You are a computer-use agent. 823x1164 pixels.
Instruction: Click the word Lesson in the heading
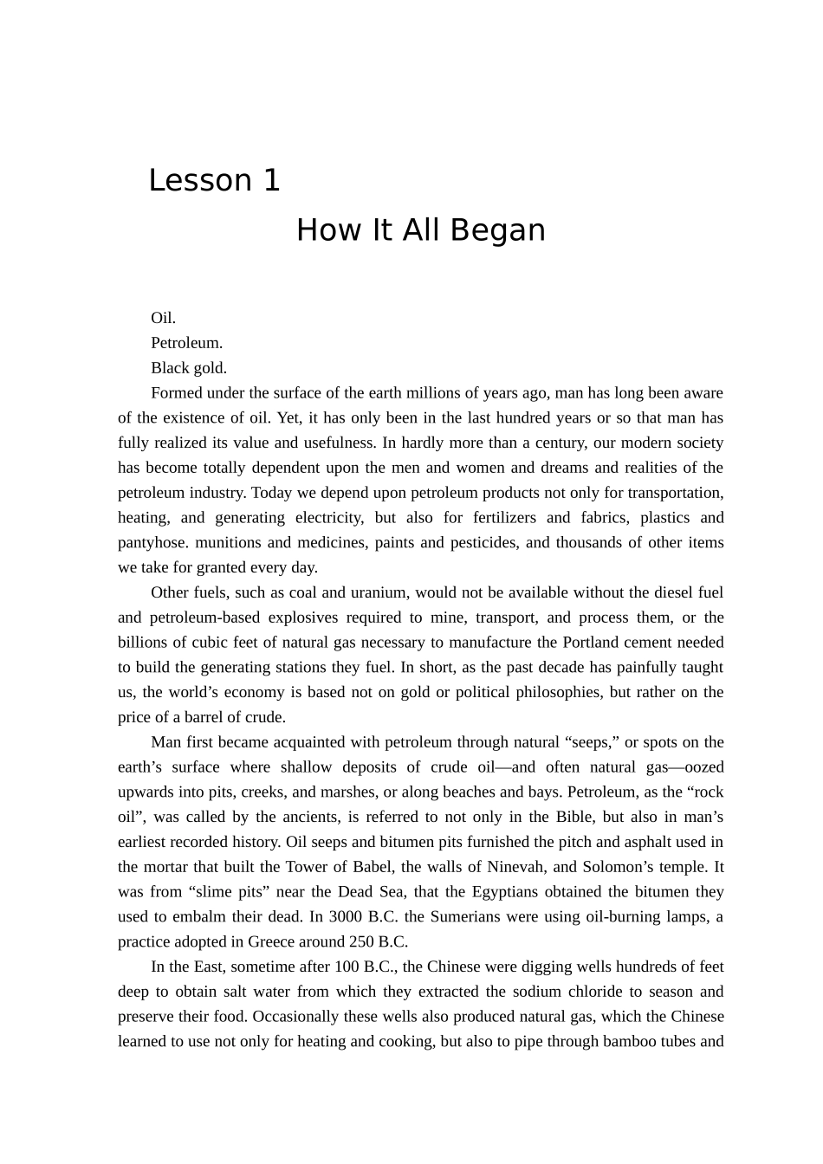pyautogui.click(x=198, y=181)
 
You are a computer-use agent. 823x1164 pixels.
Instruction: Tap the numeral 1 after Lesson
pyautogui.click(x=271, y=181)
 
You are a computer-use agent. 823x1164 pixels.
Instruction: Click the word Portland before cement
pyautogui.click(x=593, y=643)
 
